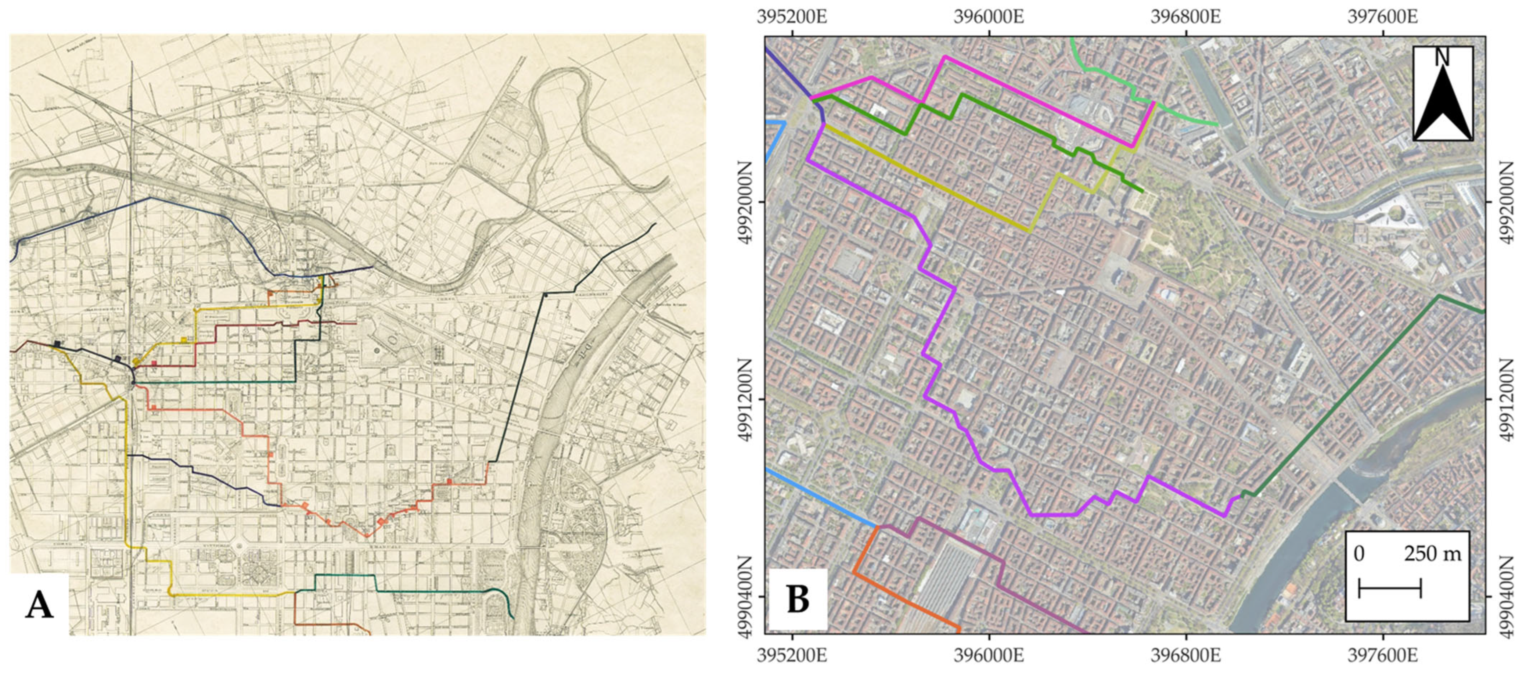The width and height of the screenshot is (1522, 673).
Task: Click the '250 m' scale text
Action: pos(1433,554)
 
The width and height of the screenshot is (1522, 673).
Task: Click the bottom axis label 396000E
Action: pos(989,657)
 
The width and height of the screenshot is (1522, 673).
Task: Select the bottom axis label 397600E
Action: pos(1382,657)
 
